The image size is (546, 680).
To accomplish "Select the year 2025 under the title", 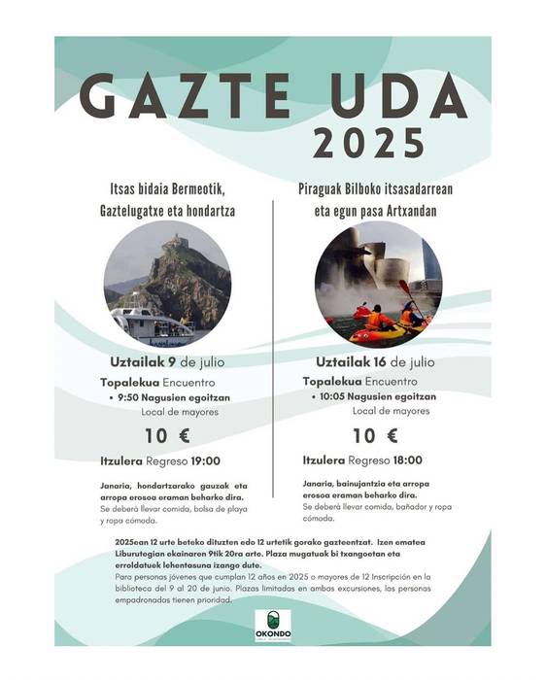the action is click(x=369, y=143).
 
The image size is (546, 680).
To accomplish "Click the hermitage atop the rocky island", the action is click(x=174, y=241).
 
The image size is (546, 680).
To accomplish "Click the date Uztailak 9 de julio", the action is click(x=161, y=363).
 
